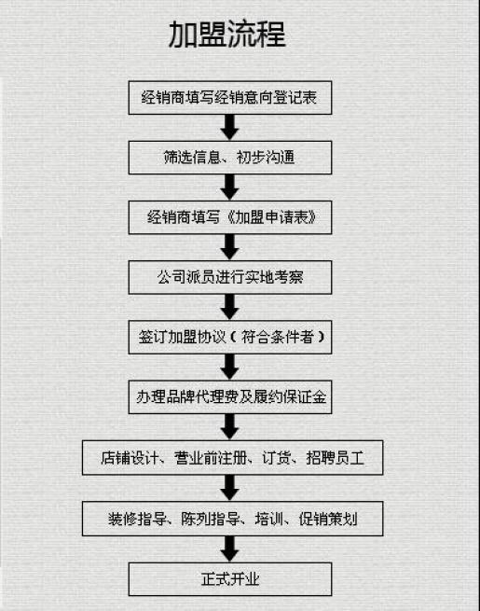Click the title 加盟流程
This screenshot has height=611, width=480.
227,35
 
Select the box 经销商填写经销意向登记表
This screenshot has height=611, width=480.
230,98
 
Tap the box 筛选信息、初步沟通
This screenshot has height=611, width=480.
230,158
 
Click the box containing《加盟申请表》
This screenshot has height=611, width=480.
230,217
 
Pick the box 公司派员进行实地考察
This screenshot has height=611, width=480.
230,277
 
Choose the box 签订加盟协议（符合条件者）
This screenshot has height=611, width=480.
230,337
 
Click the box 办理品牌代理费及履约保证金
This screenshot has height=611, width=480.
230,397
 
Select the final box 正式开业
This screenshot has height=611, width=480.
230,579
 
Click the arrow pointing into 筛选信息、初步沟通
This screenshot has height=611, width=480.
229,128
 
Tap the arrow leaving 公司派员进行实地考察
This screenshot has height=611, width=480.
229,307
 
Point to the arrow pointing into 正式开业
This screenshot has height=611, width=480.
229,549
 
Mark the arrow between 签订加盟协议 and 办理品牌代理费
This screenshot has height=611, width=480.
229,367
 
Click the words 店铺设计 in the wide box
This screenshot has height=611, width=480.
130,458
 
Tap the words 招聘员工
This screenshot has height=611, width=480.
336,458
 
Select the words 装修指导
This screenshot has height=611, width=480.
137,519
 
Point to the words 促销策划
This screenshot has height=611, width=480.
328,519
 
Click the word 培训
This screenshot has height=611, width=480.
269,519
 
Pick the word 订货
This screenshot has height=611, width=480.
277,458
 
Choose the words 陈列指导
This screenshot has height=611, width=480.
211,519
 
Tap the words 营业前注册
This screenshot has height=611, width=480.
211,458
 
